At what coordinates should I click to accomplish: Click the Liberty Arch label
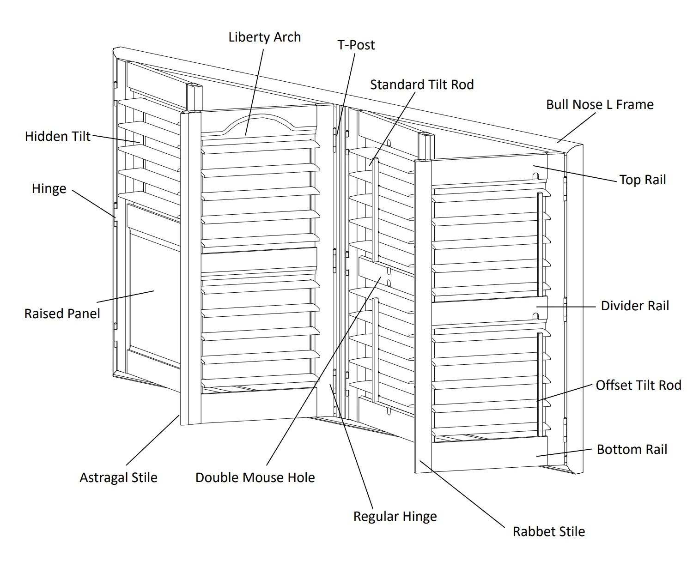(264, 37)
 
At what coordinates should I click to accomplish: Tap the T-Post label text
(356, 45)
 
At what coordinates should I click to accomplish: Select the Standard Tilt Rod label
(421, 84)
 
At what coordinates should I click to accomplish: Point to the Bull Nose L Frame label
(599, 104)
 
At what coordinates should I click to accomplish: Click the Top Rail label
(642, 180)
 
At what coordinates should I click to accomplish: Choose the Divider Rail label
(634, 306)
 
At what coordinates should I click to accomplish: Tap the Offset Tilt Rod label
(638, 385)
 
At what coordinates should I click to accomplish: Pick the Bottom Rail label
(632, 449)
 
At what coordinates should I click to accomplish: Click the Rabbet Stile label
(548, 531)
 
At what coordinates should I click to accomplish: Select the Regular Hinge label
(395, 516)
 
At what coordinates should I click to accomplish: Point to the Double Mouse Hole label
(255, 477)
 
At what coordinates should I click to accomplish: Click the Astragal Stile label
(118, 477)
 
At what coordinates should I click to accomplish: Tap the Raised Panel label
(62, 314)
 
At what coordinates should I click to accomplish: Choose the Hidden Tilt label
(58, 136)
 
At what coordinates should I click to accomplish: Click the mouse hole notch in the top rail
(536, 176)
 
